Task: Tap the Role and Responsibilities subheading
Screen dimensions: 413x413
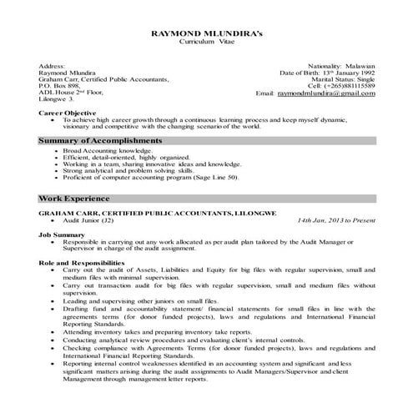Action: tap(83, 263)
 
